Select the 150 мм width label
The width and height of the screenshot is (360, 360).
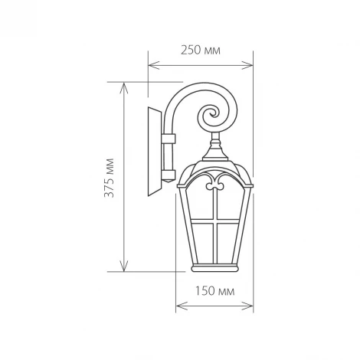click(x=215, y=292)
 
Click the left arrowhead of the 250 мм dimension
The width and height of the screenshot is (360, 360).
click(x=151, y=65)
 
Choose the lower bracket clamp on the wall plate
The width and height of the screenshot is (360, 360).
click(x=169, y=174)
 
